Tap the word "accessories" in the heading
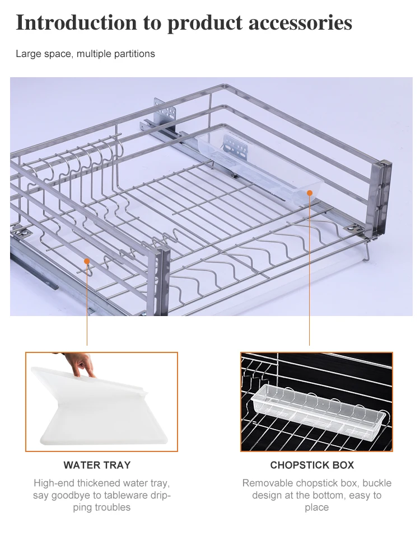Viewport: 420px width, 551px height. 300,23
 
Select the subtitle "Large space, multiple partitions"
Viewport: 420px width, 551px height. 85,54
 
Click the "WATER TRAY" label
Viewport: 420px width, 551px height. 97,465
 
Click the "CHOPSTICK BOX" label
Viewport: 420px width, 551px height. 312,465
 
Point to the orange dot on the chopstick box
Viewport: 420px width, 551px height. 309,192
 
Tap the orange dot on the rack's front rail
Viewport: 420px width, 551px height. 87,260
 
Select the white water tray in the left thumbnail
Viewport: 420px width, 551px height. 95,411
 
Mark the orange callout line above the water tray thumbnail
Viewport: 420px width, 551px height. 87,305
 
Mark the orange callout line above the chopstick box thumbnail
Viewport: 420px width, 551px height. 309,269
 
